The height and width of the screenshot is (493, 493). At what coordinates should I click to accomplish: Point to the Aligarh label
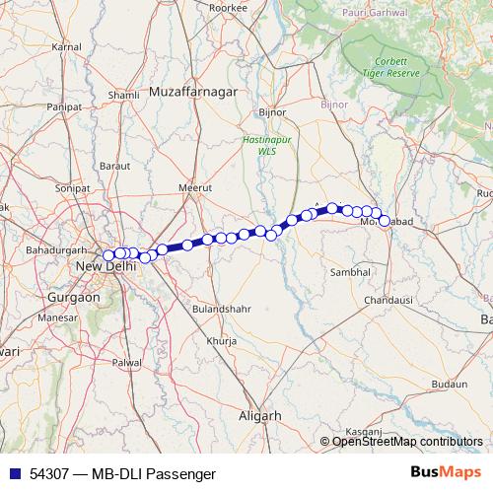coord(260,416)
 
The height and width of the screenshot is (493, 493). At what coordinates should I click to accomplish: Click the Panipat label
coord(63,106)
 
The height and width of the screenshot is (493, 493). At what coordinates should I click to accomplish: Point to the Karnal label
coord(66,46)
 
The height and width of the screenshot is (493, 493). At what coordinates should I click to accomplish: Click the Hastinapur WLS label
coord(260,146)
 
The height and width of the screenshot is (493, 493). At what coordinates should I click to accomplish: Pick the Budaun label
coord(449,384)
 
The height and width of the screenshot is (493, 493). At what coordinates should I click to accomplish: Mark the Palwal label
coord(127,363)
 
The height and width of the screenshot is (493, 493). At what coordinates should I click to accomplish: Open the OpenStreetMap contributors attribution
coord(407,441)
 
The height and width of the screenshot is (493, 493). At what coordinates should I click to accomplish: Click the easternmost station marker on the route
coord(385,221)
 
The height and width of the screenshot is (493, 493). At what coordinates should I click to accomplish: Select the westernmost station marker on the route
coord(108,256)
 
